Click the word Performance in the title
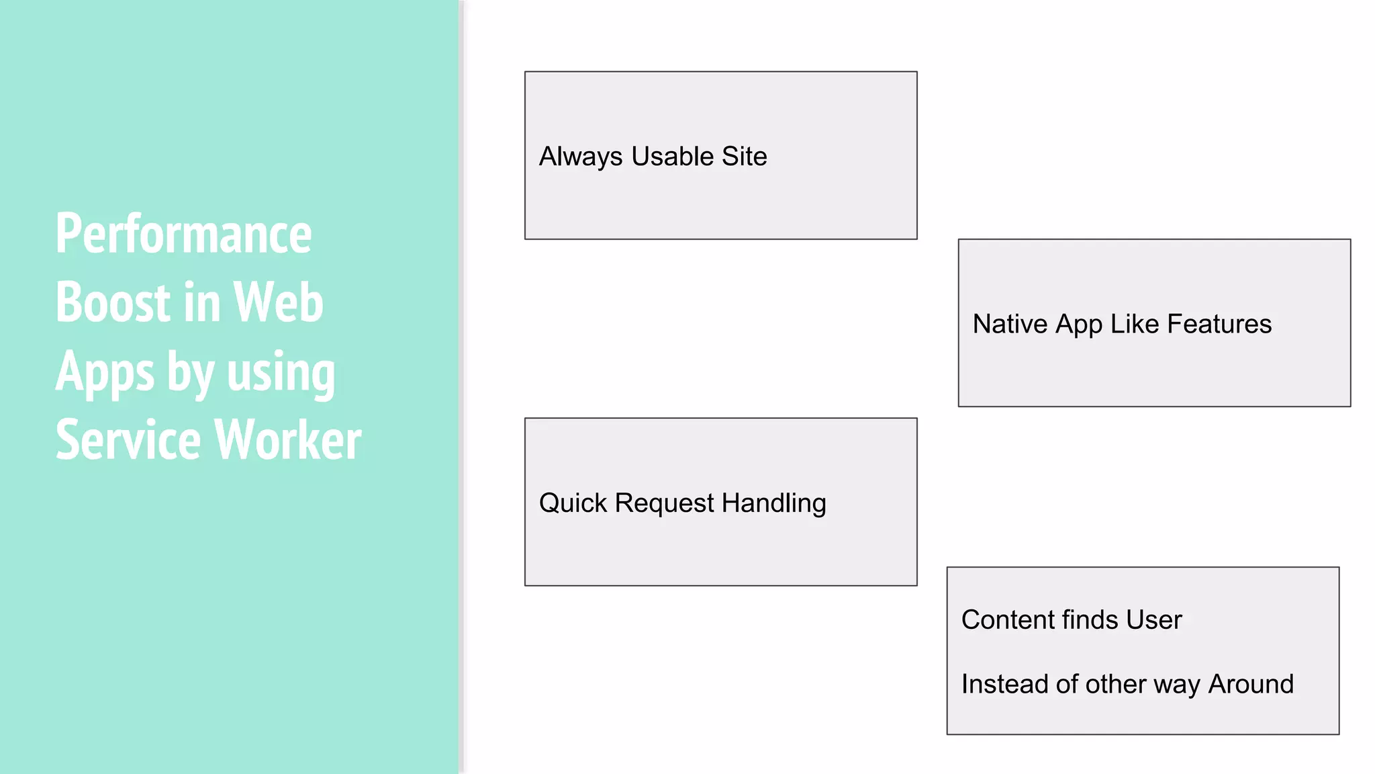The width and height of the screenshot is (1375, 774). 183,234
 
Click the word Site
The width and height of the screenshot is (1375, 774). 745,157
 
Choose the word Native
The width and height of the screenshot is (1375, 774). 1010,324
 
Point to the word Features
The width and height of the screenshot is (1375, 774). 1219,324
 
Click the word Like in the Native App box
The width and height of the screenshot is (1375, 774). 1135,324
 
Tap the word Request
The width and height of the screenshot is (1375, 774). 664,504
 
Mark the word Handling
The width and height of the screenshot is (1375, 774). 774,504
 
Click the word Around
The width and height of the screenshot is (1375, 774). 1251,684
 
